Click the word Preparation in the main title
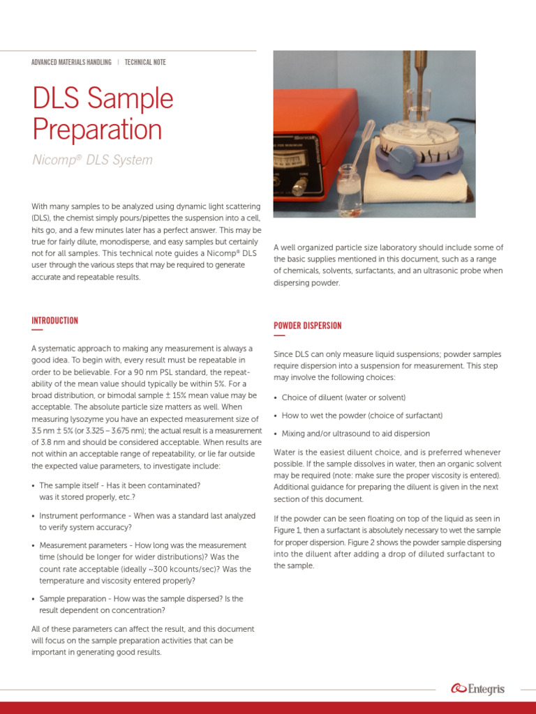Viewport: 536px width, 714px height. [x=97, y=130]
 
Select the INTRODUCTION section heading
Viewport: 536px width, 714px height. [x=54, y=321]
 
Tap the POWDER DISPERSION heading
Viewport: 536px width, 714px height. [x=307, y=326]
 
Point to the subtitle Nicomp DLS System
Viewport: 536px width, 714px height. [x=92, y=160]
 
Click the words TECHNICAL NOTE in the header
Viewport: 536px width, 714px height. [x=145, y=62]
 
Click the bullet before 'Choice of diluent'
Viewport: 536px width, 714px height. [x=276, y=398]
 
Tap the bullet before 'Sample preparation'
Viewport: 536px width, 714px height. [x=34, y=599]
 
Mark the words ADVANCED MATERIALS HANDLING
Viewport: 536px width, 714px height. [x=71, y=62]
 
